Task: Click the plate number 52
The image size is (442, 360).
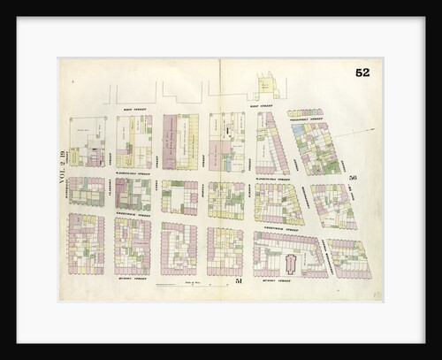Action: pyautogui.click(x=362, y=73)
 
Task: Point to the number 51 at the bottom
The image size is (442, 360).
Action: pyautogui.click(x=238, y=280)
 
